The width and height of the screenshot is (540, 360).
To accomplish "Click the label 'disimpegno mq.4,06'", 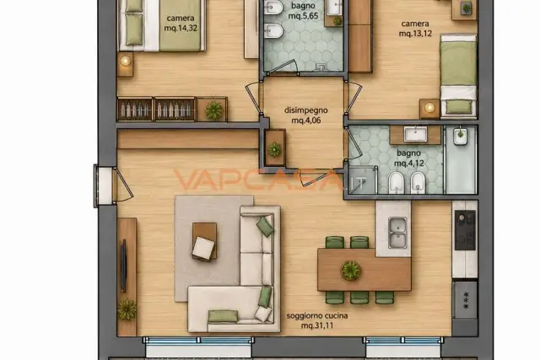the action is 305,116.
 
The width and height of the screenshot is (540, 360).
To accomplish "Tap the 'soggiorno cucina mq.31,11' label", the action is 317,320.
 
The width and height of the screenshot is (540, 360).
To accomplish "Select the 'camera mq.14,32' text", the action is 181,23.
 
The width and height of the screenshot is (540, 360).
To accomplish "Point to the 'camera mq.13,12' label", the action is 415,29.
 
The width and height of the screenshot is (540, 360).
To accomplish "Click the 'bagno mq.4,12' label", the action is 408,158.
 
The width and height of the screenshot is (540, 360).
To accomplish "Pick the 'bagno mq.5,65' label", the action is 303,11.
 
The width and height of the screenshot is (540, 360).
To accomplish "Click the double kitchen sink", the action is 397,233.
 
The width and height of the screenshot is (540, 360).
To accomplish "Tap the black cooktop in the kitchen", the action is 465,230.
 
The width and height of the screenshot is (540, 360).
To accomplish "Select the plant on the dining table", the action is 351,270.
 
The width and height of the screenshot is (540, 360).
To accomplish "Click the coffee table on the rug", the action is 204,241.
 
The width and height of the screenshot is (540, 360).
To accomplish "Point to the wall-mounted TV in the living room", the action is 123,266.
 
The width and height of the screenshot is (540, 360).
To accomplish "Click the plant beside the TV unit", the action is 127,309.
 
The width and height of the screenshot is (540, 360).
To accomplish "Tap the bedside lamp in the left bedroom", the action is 125,62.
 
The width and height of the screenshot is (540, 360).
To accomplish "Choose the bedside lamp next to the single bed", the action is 429,107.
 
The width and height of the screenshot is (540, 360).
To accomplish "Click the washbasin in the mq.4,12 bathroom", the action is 415,134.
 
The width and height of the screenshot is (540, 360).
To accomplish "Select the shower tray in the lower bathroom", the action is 362,180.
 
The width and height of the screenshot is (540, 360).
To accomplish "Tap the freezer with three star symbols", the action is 465,299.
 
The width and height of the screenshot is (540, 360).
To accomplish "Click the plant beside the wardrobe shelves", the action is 213,110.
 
